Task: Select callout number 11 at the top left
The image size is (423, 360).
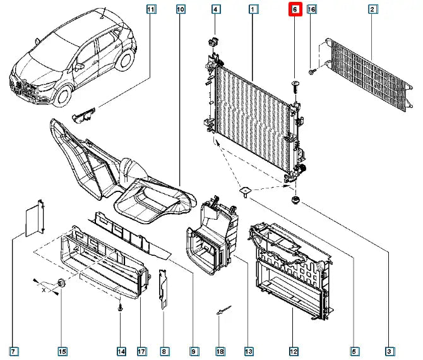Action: pyautogui.click(x=150, y=9)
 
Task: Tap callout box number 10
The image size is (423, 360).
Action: pyautogui.click(x=181, y=9)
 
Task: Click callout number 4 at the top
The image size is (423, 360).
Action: pyautogui.click(x=215, y=9)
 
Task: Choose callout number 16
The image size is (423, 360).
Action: pyautogui.click(x=311, y=9)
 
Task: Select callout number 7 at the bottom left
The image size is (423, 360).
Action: pyautogui.click(x=13, y=351)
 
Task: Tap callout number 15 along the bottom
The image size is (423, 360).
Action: pyautogui.click(x=62, y=351)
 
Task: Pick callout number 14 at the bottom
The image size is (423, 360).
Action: pyautogui.click(x=121, y=351)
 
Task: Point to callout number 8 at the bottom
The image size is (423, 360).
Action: pyautogui.click(x=164, y=351)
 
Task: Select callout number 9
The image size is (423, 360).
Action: pyautogui.click(x=194, y=351)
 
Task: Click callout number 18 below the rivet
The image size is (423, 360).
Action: pyautogui.click(x=220, y=351)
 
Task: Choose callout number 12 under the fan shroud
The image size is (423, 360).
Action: pyautogui.click(x=294, y=351)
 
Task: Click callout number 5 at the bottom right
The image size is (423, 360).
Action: pyautogui.click(x=354, y=351)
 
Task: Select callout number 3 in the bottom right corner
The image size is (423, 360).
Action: pyautogui.click(x=390, y=351)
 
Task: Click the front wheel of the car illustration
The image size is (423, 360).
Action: pyautogui.click(x=64, y=95)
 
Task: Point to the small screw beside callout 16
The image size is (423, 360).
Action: pyautogui.click(x=312, y=71)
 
